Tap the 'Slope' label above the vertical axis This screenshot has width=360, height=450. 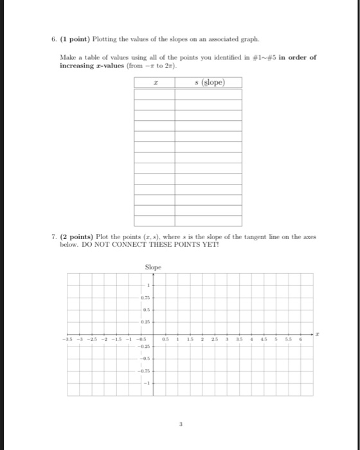[152, 267]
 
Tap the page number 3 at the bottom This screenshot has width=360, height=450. [179, 423]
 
